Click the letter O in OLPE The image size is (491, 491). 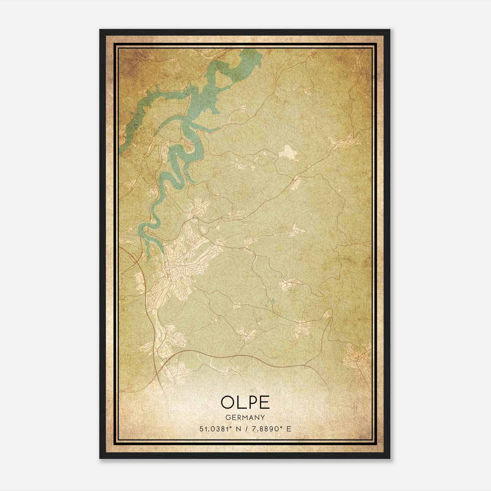click(x=228, y=403)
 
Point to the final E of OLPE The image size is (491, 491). click(x=265, y=403)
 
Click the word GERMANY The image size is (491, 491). click(x=245, y=418)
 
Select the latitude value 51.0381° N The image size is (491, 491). click(x=219, y=429)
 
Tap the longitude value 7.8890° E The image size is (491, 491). click(x=271, y=429)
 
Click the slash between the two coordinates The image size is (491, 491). click(x=245, y=429)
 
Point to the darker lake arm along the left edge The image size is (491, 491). click(x=132, y=123)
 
